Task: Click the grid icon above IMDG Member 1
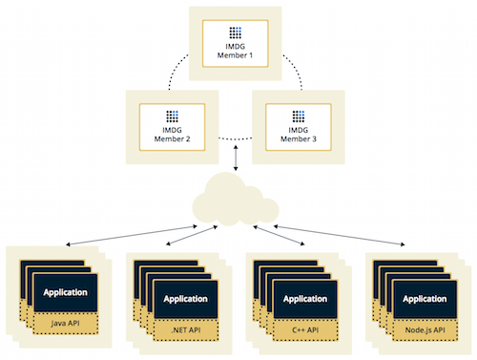[238, 28]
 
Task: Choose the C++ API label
[306, 330]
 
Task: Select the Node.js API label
[426, 330]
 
